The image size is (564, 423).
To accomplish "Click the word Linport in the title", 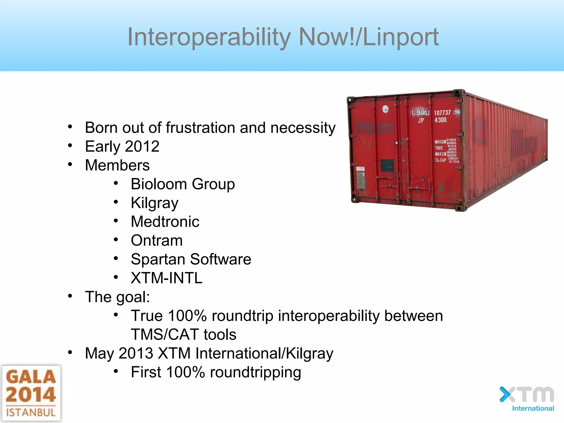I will point(401,37).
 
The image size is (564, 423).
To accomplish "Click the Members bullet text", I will point(117,165).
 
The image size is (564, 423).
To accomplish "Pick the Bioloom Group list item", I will point(183,184).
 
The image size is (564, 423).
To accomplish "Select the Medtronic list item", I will point(165,222).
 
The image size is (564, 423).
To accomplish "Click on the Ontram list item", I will point(156,240).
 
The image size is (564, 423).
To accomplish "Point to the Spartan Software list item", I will point(191,259).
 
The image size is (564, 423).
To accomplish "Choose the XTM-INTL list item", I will point(166,278).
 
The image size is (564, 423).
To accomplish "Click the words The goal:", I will point(117,297).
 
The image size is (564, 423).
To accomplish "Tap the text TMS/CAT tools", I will point(183,334).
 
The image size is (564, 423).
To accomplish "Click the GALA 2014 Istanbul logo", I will point(31,394).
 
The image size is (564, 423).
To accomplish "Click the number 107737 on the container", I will point(442,113).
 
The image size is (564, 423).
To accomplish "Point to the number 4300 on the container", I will point(440,120).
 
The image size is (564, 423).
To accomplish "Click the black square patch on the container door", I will point(387,166).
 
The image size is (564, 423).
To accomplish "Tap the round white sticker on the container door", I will point(386,109).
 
